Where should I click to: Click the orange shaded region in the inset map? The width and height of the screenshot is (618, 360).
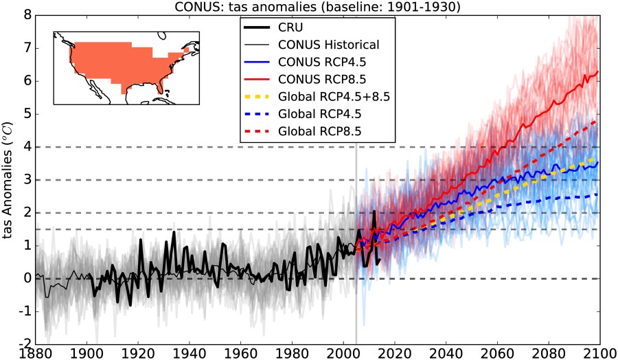coord(117,65)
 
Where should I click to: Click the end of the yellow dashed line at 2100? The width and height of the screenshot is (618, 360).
coord(599,158)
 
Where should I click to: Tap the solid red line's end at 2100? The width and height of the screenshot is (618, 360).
coord(599,71)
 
